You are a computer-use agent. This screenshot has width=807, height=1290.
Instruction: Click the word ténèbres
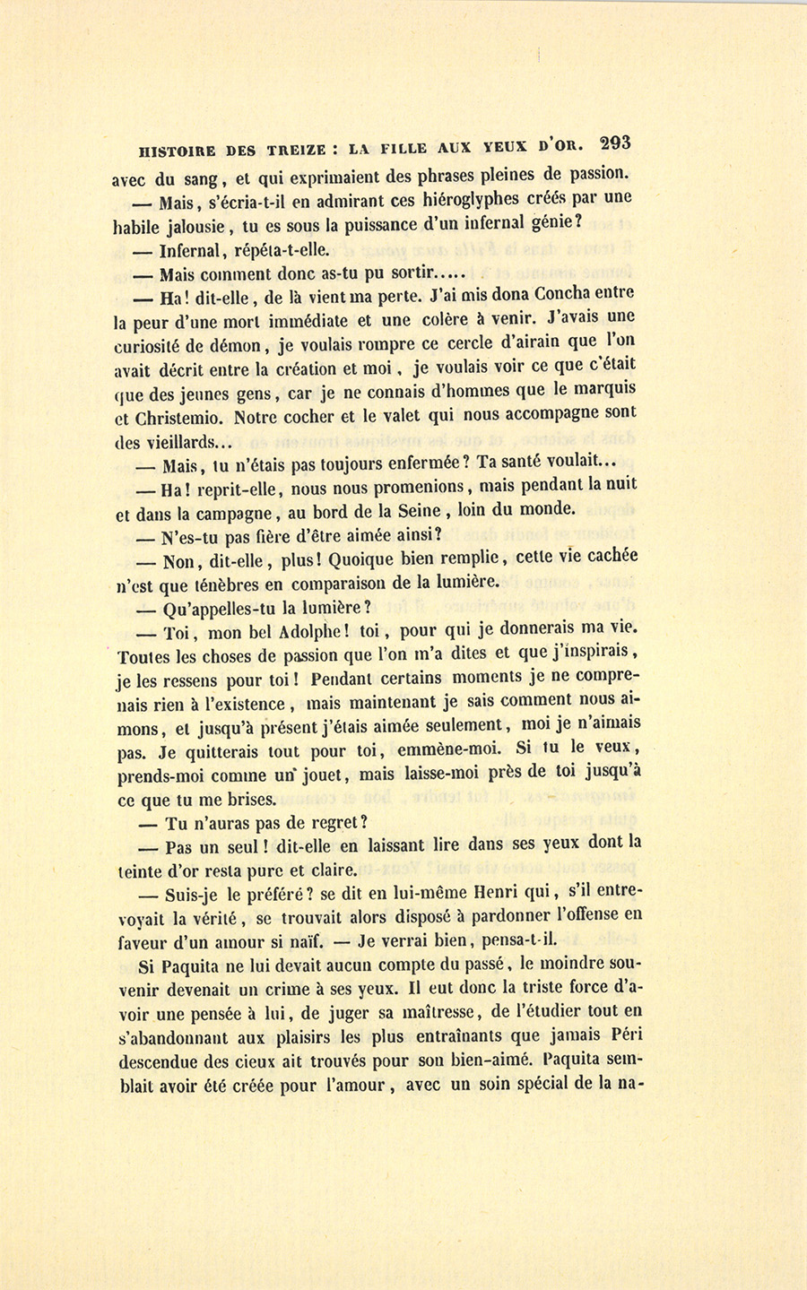[x=205, y=584]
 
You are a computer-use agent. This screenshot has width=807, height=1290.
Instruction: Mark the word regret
[x=325, y=823]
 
